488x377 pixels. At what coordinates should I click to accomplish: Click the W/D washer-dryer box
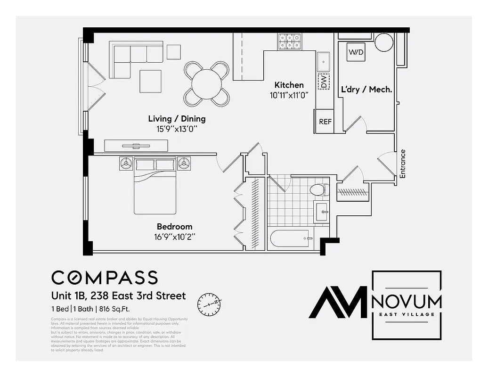(356, 52)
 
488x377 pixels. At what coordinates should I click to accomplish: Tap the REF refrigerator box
(325, 122)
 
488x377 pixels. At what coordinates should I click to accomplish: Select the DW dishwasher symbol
(324, 82)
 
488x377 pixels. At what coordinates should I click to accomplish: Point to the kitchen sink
(323, 60)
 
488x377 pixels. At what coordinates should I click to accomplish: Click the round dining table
(207, 84)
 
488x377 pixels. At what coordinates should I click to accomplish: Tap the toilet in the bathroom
(318, 190)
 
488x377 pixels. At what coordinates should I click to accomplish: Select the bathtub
(290, 239)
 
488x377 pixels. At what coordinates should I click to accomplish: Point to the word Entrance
(403, 164)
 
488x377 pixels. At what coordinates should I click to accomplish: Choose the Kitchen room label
(289, 85)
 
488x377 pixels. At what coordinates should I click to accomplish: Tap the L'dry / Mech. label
(366, 89)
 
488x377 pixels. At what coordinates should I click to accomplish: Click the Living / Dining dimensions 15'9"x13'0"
(177, 128)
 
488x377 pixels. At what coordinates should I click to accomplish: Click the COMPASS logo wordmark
(104, 278)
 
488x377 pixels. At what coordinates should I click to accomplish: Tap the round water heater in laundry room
(384, 42)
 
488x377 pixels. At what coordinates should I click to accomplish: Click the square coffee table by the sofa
(151, 81)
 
